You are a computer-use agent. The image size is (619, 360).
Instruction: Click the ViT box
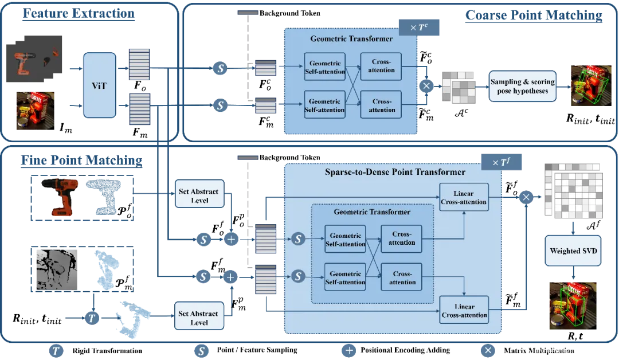click(99, 85)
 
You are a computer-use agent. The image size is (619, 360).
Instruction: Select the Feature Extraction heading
click(79, 13)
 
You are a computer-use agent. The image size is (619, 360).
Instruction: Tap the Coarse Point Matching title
click(534, 15)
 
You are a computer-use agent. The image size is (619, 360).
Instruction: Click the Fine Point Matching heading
click(81, 160)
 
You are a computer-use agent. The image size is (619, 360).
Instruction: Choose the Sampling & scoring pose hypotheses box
click(522, 87)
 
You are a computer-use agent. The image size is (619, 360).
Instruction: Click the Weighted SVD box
click(573, 251)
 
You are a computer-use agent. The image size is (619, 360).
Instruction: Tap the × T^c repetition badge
click(418, 28)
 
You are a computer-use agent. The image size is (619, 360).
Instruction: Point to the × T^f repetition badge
click(502, 163)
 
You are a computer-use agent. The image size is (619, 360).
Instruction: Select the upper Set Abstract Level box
click(199, 195)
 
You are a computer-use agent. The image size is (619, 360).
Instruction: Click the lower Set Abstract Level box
click(199, 318)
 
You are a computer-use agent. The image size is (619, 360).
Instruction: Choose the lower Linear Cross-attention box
click(464, 310)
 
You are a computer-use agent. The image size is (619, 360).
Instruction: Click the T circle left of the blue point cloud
click(92, 316)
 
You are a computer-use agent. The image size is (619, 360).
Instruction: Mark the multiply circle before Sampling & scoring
click(426, 86)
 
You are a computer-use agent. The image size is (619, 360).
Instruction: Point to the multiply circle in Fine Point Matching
click(526, 197)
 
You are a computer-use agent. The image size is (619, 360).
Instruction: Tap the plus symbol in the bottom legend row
click(348, 350)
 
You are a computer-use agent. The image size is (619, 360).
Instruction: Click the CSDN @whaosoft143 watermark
click(564, 350)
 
